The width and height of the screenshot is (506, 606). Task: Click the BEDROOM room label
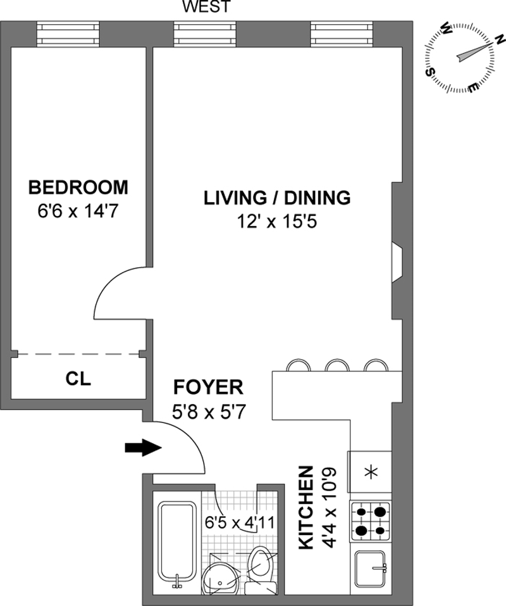click(x=78, y=187)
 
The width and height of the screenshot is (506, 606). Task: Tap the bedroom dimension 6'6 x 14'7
click(x=78, y=211)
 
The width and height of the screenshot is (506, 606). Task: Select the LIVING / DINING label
click(x=277, y=198)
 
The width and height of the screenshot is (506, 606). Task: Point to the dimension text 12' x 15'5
click(x=277, y=222)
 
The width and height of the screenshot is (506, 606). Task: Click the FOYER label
click(x=209, y=388)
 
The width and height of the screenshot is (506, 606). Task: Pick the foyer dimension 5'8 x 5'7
click(x=209, y=412)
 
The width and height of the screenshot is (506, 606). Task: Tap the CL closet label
click(x=78, y=379)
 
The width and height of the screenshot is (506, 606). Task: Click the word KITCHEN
click(x=305, y=507)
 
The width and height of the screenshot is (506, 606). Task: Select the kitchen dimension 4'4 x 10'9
click(x=330, y=507)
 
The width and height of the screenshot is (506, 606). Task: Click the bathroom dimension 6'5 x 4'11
click(x=240, y=523)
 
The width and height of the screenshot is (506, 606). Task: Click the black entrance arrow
click(x=143, y=448)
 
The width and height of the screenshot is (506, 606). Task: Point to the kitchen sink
click(x=371, y=569)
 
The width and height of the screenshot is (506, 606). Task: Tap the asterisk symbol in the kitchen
click(x=371, y=473)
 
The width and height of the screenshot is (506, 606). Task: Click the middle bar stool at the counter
click(x=336, y=365)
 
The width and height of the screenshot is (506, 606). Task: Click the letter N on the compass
click(x=500, y=39)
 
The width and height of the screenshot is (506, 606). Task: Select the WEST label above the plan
click(x=206, y=6)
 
